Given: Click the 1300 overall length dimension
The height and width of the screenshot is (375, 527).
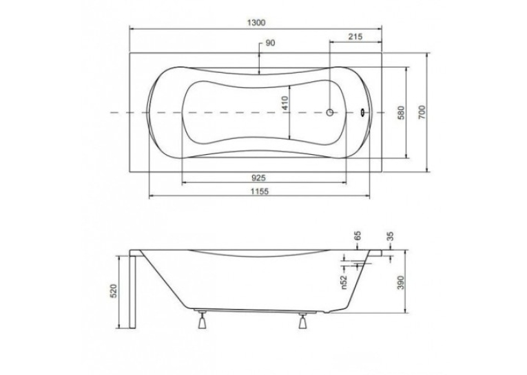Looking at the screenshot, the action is (256, 23).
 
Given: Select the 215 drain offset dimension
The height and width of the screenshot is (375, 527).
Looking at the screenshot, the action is (355, 36).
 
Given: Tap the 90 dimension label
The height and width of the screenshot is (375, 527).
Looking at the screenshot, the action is (270, 43).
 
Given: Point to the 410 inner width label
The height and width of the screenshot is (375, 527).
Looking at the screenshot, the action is (285, 104).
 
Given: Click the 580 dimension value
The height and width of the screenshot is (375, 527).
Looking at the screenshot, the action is (401, 113).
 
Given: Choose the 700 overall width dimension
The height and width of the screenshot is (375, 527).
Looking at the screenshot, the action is (422, 111).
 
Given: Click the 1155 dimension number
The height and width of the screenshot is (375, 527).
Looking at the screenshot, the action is (260, 191).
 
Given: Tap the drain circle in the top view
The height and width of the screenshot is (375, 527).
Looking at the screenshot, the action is (330, 112).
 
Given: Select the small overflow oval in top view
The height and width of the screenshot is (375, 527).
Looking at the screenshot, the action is (363, 112).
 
